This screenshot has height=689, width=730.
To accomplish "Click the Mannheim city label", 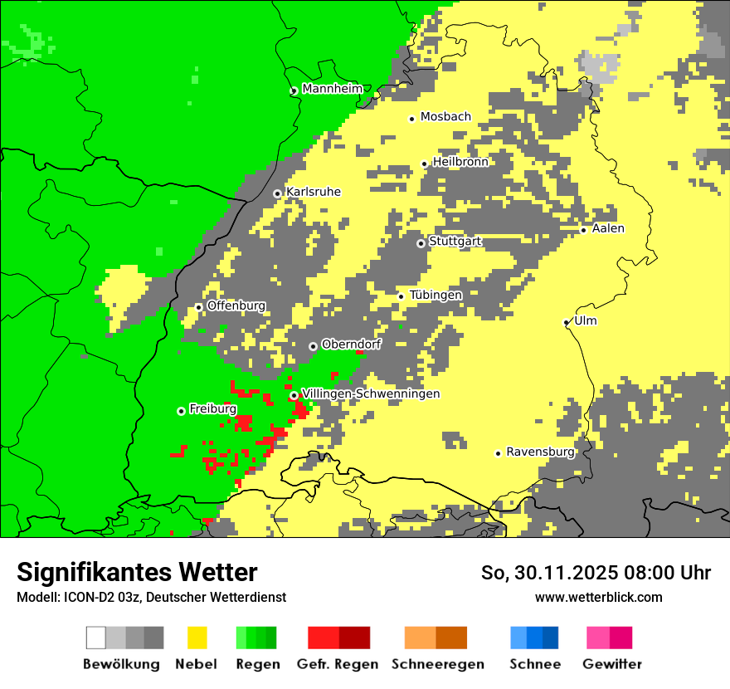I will point(333,89).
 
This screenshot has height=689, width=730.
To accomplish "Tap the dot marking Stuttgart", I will point(421,243).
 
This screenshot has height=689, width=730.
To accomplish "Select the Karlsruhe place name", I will point(314,193).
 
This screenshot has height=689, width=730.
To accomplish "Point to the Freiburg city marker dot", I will point(181,411).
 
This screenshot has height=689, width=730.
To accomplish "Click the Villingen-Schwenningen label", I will point(371,394).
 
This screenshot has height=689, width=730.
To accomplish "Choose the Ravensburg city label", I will point(540,452).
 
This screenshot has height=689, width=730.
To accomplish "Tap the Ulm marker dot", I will point(567,322).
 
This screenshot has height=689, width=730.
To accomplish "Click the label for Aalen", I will point(608,229).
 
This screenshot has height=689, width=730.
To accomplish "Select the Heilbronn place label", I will point(460,162).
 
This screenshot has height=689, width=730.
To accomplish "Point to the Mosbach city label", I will point(445,117).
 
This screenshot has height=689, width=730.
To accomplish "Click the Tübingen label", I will point(436,296).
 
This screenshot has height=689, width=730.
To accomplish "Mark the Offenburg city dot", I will point(198,307).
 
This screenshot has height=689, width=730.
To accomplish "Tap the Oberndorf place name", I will point(351,344).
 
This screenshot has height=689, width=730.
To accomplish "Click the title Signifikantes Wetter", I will point(137,573).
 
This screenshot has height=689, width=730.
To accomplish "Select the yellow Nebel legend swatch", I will point(197,638).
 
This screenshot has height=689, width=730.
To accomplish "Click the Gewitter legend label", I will point(612,664).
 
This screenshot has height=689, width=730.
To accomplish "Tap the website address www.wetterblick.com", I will point(599,597).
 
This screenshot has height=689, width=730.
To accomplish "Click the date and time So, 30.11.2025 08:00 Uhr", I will point(596,574).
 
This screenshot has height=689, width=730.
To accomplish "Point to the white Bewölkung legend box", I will point(96,638).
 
